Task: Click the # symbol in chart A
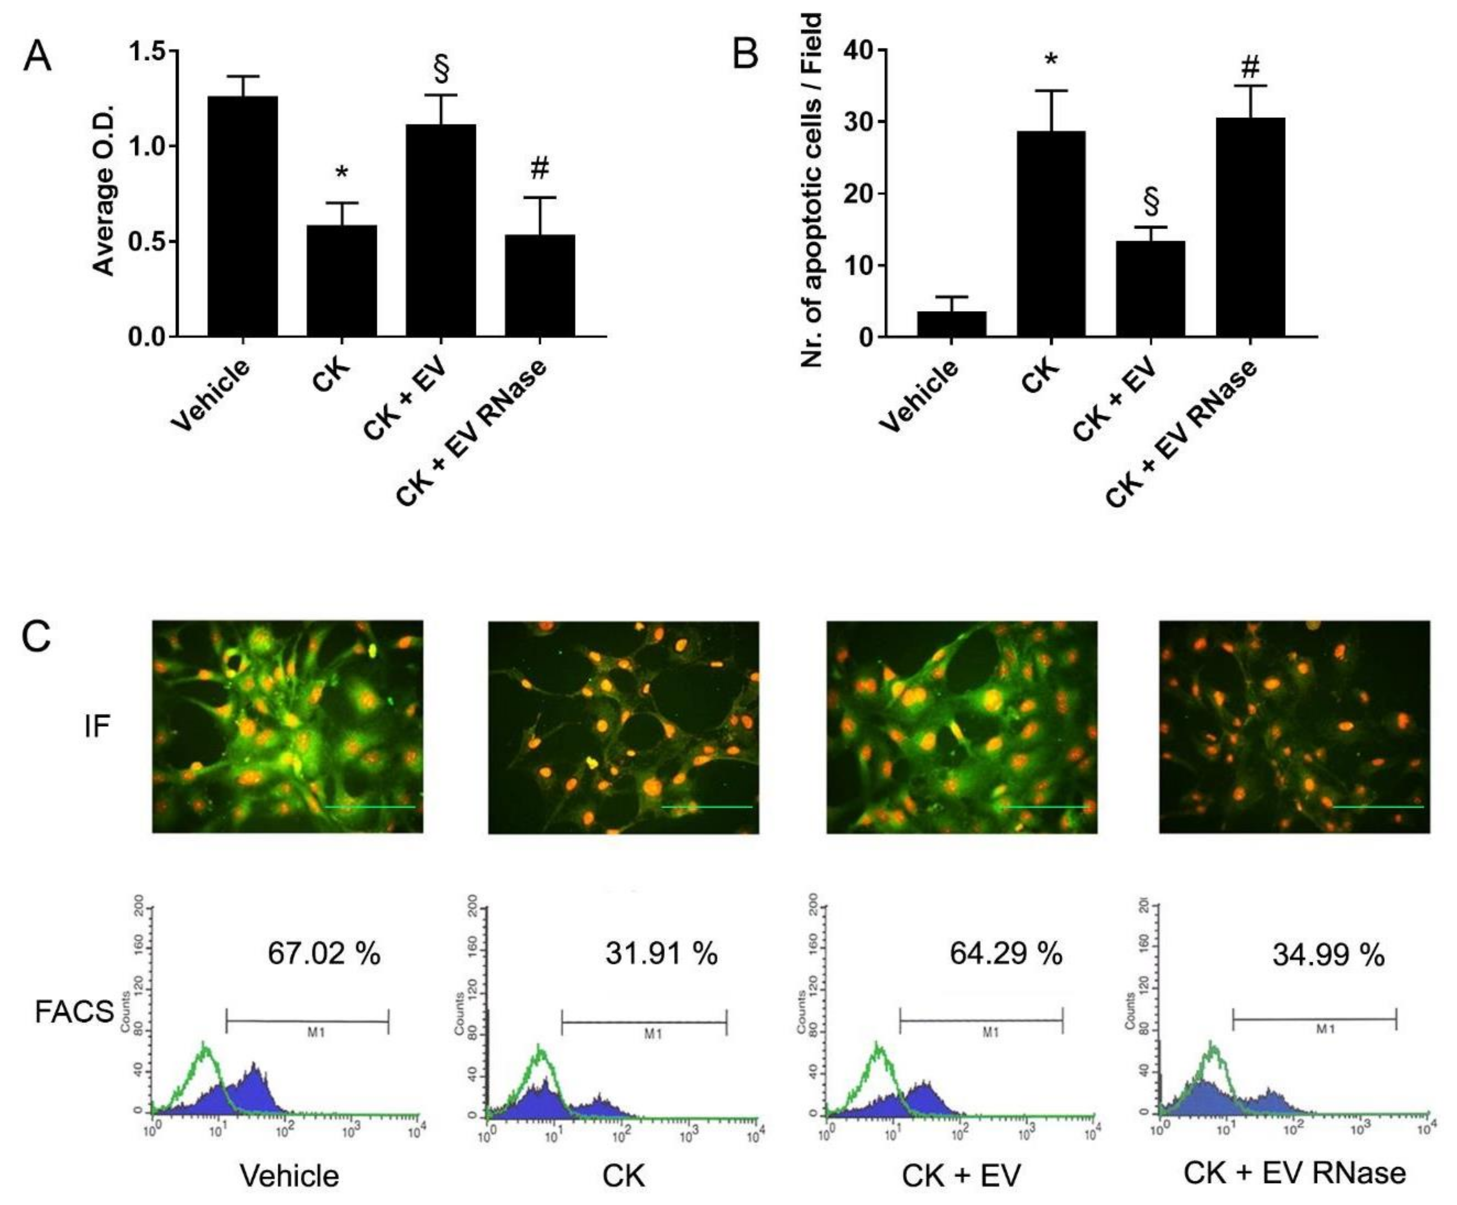(x=540, y=168)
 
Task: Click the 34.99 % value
(x=1328, y=955)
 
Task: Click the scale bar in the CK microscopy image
(x=706, y=807)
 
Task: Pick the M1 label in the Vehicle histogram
(x=317, y=1032)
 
